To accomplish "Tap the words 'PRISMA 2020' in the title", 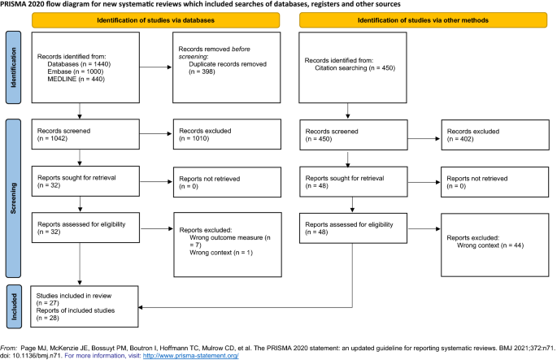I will (24, 5).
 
